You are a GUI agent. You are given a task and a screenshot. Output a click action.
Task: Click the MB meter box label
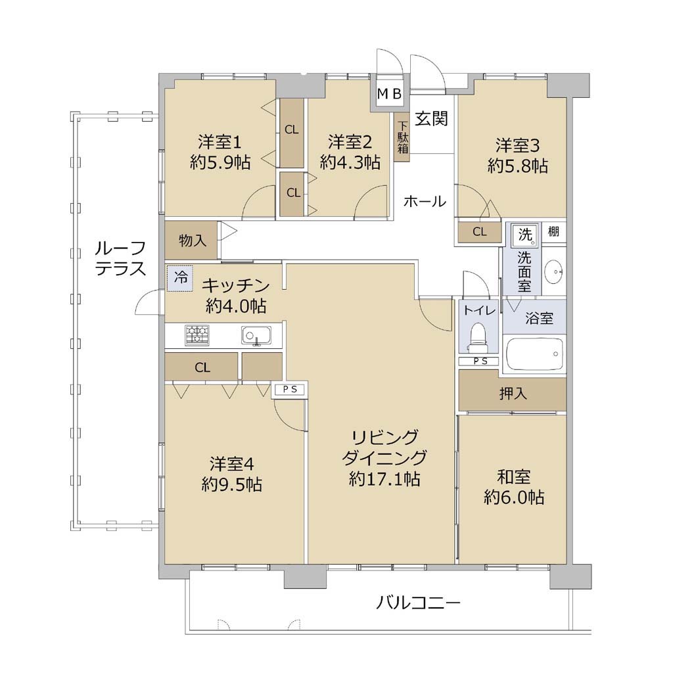(x=389, y=93)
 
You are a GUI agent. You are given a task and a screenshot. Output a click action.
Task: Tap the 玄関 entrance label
(x=431, y=118)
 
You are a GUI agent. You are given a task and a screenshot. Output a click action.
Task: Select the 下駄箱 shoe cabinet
(x=403, y=137)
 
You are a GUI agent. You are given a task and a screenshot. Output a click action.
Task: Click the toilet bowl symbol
(x=478, y=336)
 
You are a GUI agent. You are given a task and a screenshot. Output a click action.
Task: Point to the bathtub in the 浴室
(x=534, y=354)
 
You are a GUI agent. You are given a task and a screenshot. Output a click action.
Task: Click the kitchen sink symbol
(x=256, y=335)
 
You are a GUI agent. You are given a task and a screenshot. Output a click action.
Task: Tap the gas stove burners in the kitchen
(x=197, y=335)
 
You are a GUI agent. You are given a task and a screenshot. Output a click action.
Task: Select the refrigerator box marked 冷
(x=180, y=278)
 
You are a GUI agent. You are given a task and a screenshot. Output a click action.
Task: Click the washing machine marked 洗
(x=525, y=235)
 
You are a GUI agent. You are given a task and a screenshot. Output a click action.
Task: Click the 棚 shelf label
(x=553, y=231)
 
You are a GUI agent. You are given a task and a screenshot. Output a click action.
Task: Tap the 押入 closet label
(x=513, y=393)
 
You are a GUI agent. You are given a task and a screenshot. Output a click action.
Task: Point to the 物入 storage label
(x=193, y=241)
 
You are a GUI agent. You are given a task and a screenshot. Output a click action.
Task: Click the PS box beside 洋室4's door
(x=290, y=389)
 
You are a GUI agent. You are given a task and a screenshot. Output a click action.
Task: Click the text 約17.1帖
(x=384, y=478)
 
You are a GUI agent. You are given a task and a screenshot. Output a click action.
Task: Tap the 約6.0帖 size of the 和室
(x=514, y=498)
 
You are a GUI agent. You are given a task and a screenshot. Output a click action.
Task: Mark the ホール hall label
(x=425, y=201)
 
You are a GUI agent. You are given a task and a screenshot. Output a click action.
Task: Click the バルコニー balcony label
(x=418, y=603)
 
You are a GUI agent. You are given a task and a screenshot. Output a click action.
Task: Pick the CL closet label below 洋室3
(x=479, y=232)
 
